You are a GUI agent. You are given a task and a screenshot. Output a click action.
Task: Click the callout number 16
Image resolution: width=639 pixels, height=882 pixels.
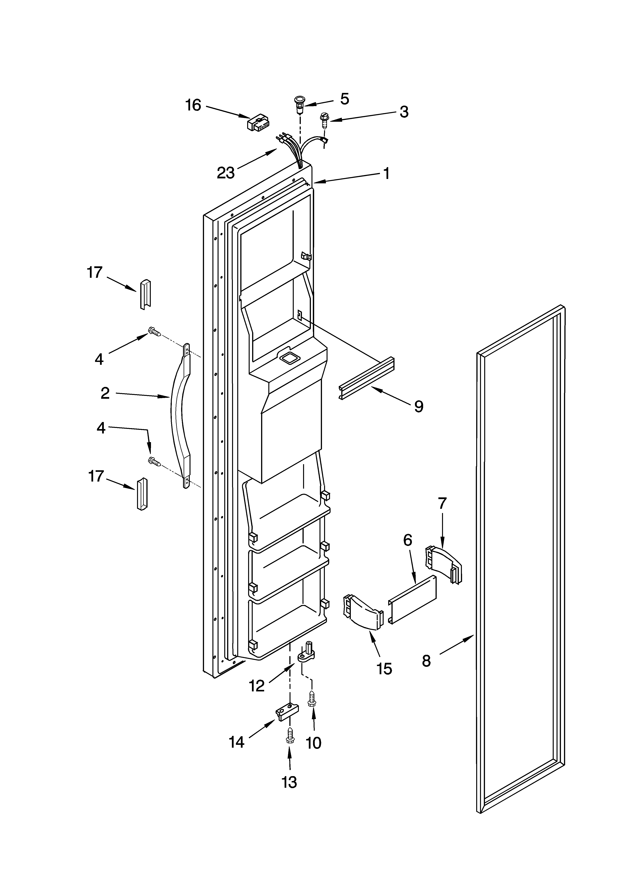193,105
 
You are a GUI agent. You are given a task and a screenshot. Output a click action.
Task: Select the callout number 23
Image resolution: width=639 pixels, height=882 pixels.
226,173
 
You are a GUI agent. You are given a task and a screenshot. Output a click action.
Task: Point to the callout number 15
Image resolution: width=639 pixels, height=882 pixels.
385,669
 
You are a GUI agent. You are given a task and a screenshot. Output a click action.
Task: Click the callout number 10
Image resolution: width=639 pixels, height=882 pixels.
314,742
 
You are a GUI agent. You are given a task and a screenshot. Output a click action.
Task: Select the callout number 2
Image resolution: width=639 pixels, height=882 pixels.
105,394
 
